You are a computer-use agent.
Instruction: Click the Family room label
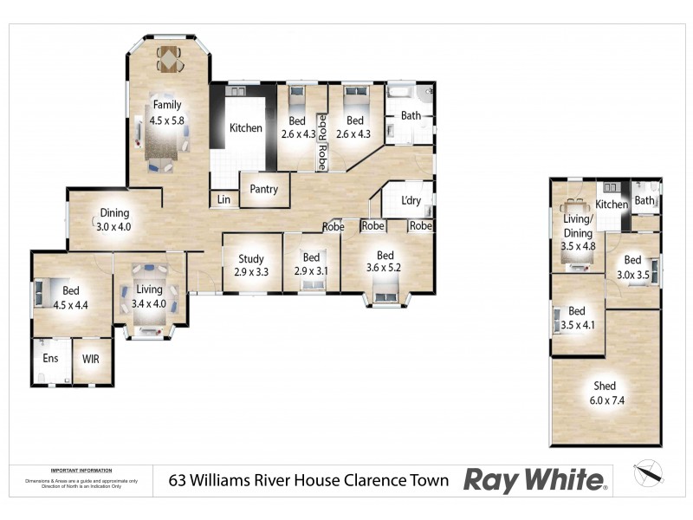tap(167, 106)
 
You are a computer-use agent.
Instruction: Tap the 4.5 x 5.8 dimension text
tap(167, 121)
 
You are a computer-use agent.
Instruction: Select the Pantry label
tap(263, 189)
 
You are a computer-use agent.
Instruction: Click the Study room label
tap(251, 258)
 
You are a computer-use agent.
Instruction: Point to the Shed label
tap(605, 387)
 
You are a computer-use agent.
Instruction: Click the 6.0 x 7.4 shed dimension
tap(605, 401)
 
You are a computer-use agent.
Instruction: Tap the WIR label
tap(92, 358)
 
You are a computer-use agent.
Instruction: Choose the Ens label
tap(50, 358)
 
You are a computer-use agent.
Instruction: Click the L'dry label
tap(411, 201)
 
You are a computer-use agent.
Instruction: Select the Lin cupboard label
tap(223, 200)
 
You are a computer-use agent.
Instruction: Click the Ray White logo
tap(535, 479)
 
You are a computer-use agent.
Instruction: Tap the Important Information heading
tap(81, 469)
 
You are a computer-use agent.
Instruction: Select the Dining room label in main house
tap(113, 213)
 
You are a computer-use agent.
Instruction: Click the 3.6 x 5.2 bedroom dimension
tap(385, 269)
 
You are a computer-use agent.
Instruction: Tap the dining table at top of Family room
tap(169, 59)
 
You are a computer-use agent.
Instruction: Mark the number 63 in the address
tap(178, 480)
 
